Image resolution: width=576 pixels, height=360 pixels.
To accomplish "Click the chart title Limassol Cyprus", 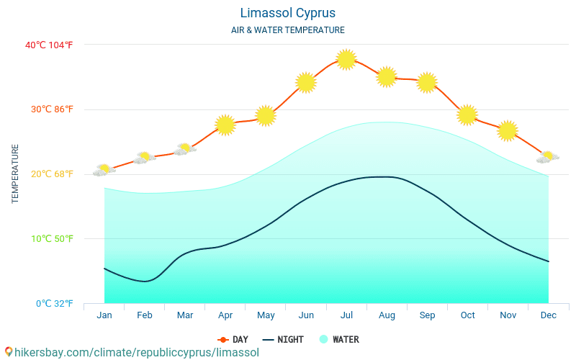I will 287,13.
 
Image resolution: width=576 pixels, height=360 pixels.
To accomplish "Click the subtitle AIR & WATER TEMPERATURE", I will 287,30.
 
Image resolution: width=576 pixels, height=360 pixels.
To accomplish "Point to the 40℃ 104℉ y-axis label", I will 49,45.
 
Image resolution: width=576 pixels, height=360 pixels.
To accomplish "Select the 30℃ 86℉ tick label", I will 49,109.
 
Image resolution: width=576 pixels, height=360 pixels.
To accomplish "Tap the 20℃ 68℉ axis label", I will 49,174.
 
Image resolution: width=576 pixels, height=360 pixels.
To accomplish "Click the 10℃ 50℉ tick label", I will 49,238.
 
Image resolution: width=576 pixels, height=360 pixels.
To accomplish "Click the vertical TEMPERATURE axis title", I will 15,174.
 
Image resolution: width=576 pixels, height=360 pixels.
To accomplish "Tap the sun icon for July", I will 346,59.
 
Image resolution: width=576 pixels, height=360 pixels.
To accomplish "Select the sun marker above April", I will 225,125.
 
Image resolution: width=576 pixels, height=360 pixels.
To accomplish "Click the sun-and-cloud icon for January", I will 104,170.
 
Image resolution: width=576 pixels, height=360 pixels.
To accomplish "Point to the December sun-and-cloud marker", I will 548,157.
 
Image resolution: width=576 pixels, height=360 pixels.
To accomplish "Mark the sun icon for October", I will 467,114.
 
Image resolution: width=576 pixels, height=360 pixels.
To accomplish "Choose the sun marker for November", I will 508,130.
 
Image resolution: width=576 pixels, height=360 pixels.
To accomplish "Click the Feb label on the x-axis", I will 145,315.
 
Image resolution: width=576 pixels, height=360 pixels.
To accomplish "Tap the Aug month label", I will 387,315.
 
